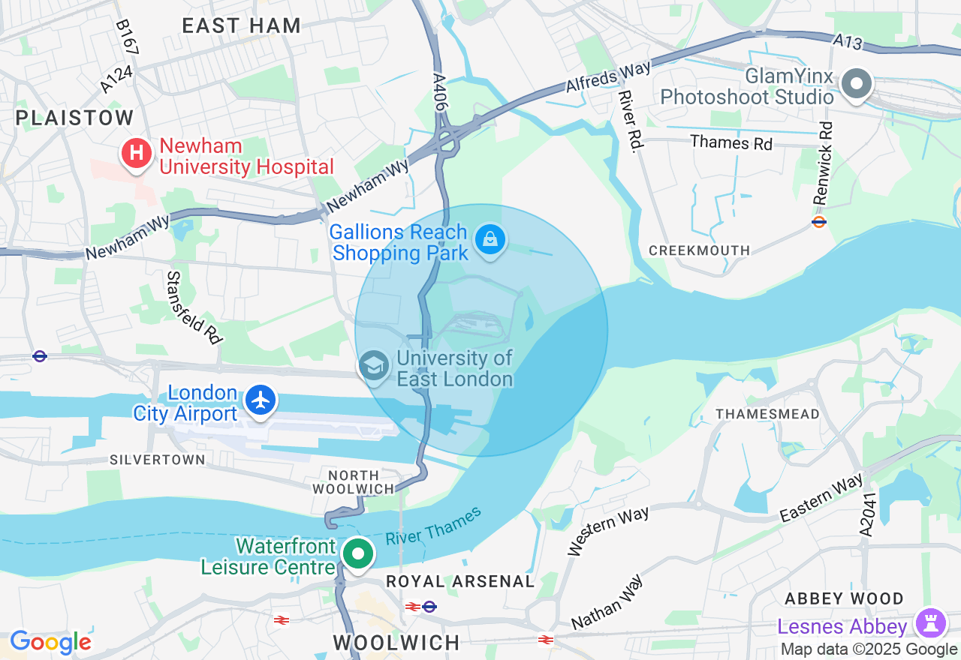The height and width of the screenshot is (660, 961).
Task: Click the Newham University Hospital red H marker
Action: click(136, 154)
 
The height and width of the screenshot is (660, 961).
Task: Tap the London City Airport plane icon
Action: click(261, 400)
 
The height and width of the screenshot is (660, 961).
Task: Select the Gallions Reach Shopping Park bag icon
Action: click(490, 241)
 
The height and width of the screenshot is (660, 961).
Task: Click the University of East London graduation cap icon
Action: click(373, 367)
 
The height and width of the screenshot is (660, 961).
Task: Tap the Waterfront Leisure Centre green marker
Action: click(358, 555)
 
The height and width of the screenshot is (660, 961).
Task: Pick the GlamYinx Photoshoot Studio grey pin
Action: click(857, 83)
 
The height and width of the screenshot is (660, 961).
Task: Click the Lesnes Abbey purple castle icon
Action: click(931, 623)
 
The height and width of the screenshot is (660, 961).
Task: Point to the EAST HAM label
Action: click(242, 25)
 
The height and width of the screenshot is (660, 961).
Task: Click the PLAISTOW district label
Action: click(74, 118)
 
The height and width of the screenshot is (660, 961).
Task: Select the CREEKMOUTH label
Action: click(699, 250)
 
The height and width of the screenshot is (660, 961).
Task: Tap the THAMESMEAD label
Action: click(767, 414)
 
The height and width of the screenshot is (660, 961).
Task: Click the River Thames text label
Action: click(433, 527)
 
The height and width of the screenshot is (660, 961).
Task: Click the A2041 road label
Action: click(869, 514)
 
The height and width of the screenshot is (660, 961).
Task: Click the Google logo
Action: click(50, 642)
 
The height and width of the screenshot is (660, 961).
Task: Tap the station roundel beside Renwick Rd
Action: click(819, 222)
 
